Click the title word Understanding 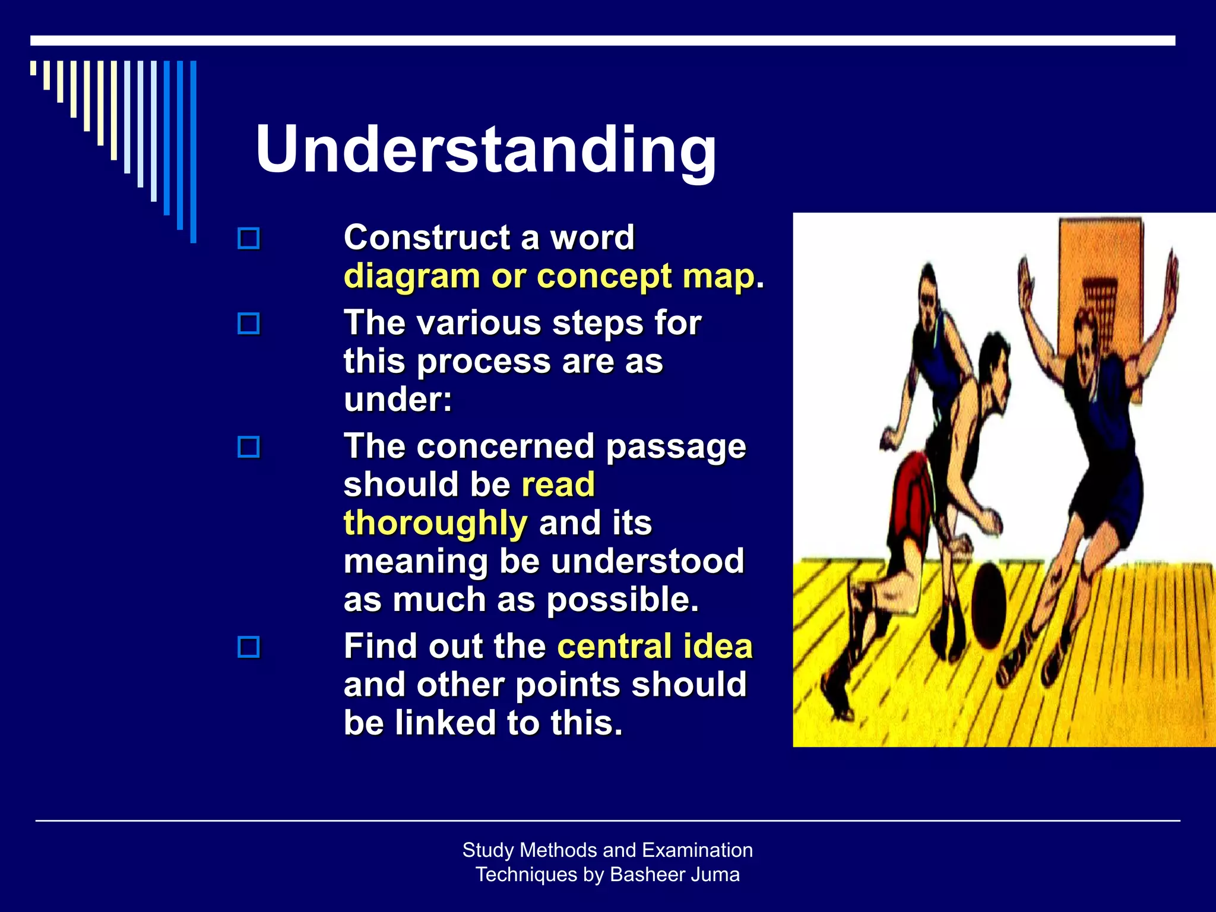tap(486, 150)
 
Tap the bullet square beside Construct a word tap(248, 239)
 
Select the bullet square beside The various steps tap(248, 324)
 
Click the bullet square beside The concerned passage tap(248, 446)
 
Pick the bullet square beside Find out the tap(248, 647)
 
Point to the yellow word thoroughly tap(435, 523)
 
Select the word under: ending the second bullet tap(398, 399)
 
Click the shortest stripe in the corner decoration tap(33, 68)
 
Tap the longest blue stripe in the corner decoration tap(193, 151)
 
